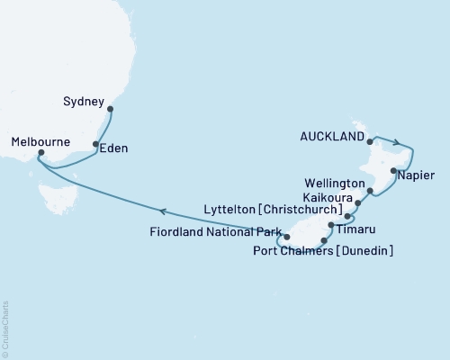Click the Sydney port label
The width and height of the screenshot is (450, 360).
coord(84,103)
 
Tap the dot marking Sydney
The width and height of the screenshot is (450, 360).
coord(111,110)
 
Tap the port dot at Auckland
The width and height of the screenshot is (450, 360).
coord(371,139)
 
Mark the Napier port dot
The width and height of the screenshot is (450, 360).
coord(393,169)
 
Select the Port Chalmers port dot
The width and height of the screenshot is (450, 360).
coord(323,240)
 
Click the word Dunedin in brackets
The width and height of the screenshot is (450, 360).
coord(363,249)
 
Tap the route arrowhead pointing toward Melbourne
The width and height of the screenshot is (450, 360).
coord(163,211)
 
